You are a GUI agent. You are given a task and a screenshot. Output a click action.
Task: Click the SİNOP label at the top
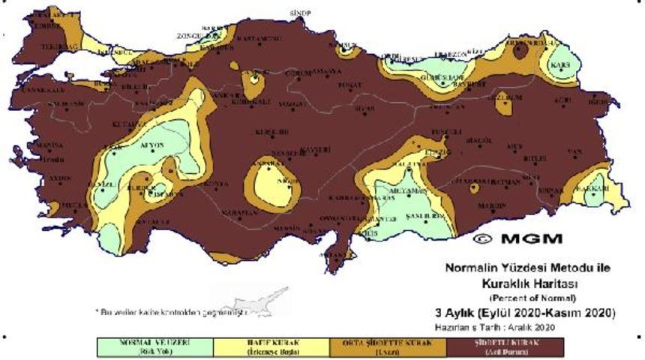[300, 13]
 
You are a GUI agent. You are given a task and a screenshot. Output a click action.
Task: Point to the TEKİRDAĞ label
[41, 46]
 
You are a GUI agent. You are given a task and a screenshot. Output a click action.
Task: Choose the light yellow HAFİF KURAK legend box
[271, 346]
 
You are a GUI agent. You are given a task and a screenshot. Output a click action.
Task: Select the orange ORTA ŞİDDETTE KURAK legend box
[388, 346]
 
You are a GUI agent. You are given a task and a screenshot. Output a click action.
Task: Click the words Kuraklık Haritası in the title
[524, 285]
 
